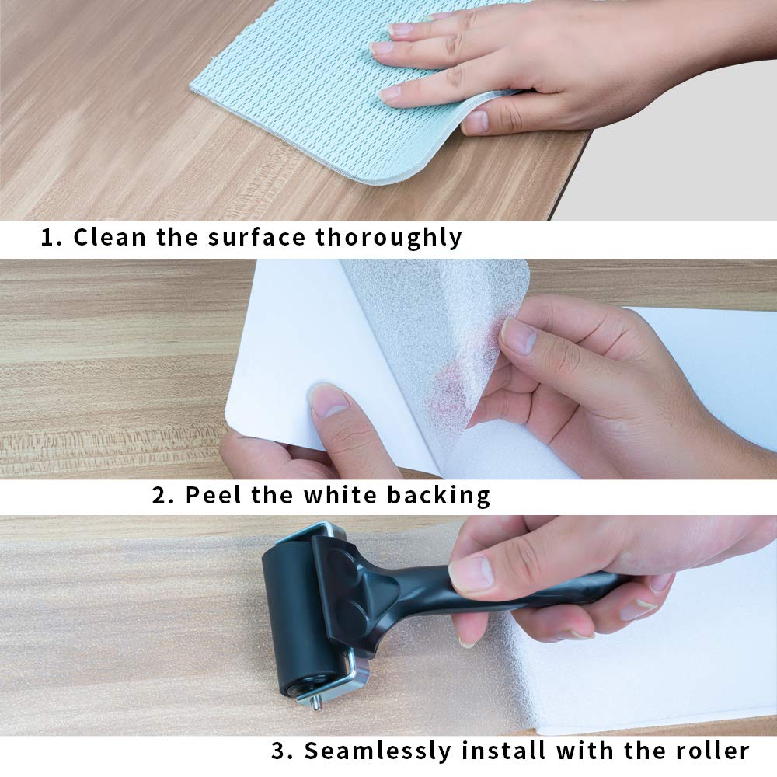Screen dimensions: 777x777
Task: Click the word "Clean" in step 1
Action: tap(110, 237)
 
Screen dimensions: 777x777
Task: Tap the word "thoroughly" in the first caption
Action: tap(388, 238)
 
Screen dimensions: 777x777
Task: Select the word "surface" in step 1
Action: tap(256, 237)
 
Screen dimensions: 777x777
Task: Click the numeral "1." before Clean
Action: tap(51, 237)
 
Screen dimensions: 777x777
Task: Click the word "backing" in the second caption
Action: tap(438, 496)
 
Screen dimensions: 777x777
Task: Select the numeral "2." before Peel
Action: tap(163, 495)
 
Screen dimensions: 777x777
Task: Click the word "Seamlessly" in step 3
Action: tap(377, 751)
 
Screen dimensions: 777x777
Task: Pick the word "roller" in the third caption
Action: tap(713, 751)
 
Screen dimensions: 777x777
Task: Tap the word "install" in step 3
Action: tap(503, 751)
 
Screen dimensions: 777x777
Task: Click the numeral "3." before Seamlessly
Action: tap(282, 751)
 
